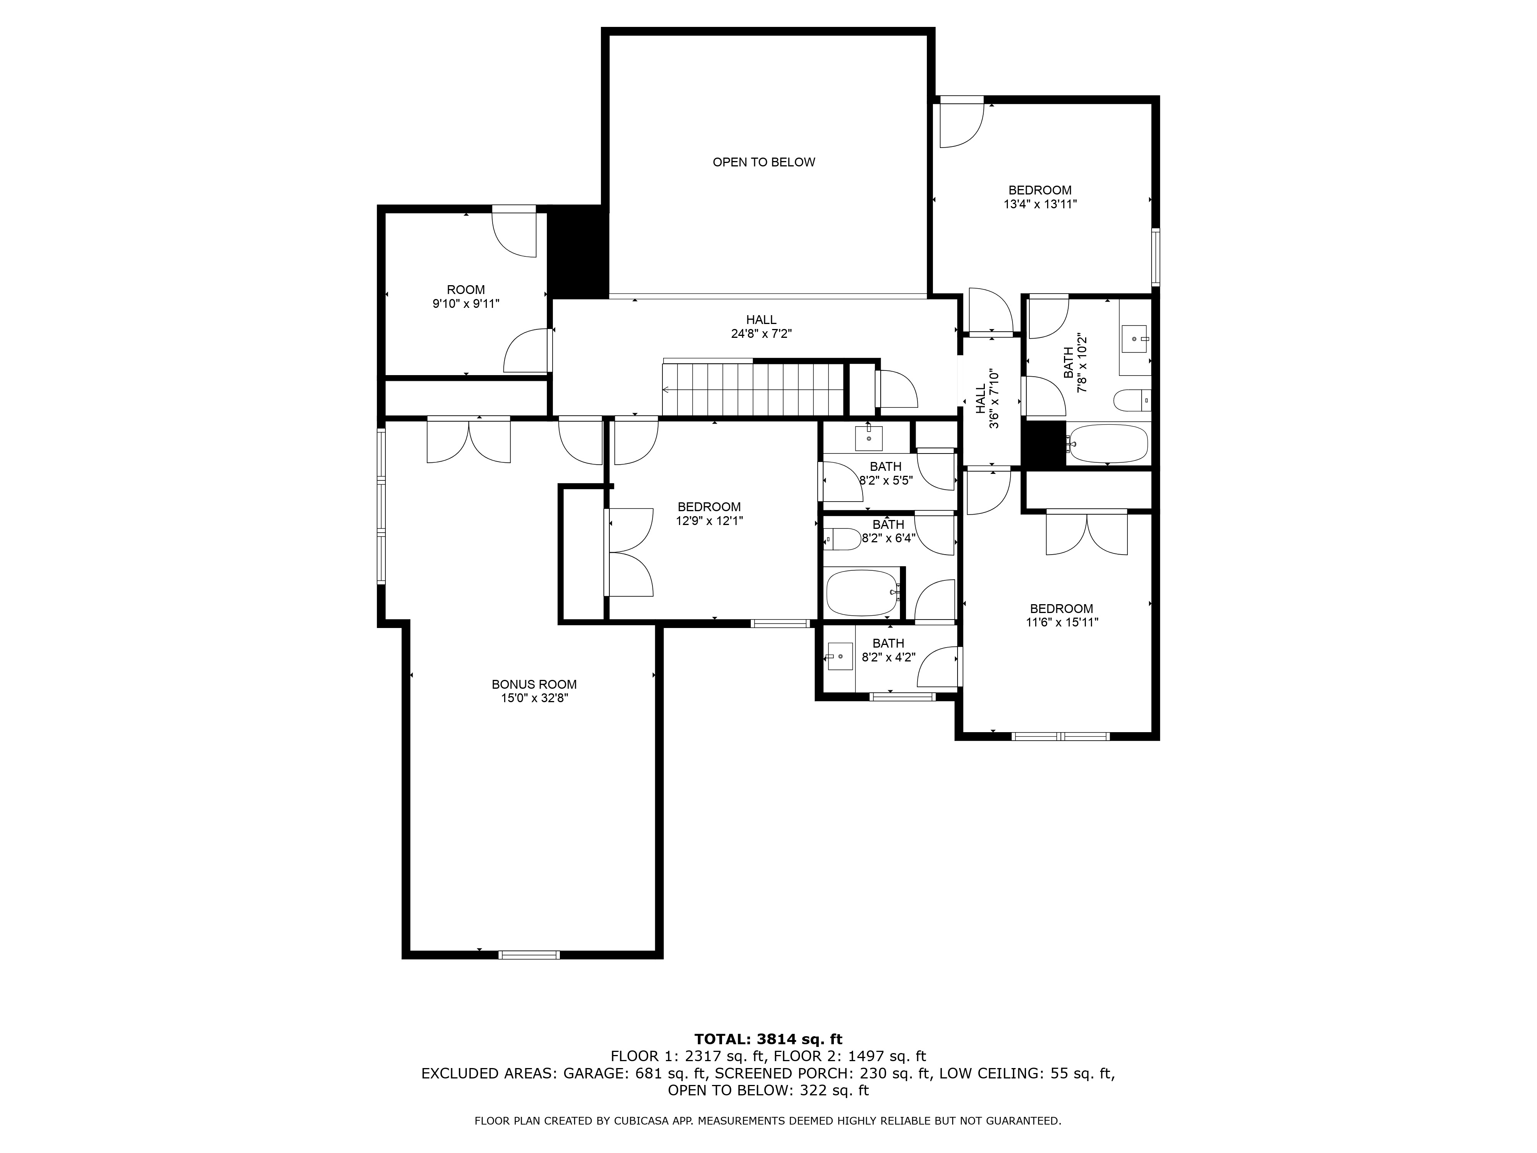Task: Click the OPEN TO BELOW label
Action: [x=764, y=162]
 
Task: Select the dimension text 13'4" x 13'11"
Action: [x=1040, y=204]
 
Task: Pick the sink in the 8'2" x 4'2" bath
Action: [x=840, y=656]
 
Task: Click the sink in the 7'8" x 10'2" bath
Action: [x=1135, y=339]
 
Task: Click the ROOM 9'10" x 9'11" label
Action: [x=466, y=297]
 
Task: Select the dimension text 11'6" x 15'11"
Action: [x=1062, y=623]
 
